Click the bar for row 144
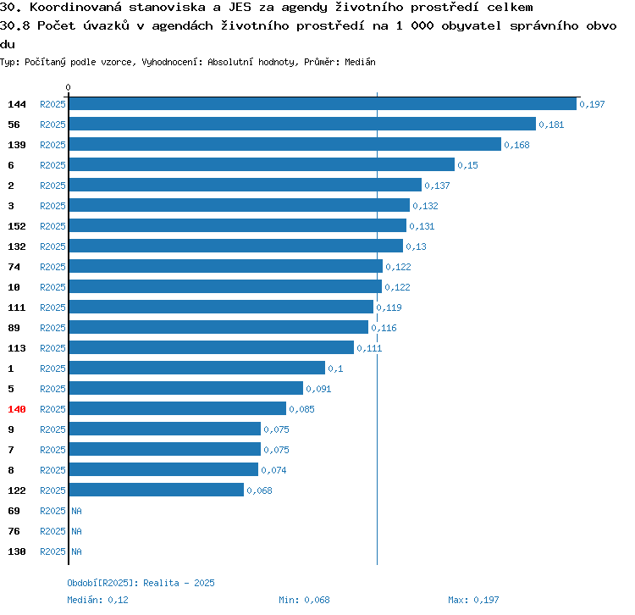click(x=323, y=103)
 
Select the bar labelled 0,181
click(x=302, y=124)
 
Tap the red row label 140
click(x=17, y=409)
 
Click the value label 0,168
click(x=516, y=145)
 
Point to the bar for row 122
click(x=157, y=490)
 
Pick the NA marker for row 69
click(x=76, y=511)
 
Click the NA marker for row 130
click(x=76, y=551)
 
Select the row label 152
click(x=17, y=226)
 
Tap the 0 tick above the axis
click(x=68, y=87)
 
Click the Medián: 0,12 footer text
click(x=97, y=600)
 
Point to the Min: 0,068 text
click(x=304, y=600)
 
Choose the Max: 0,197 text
click(x=473, y=600)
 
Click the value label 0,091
click(x=318, y=389)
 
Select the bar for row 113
click(x=212, y=347)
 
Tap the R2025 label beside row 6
click(x=52, y=165)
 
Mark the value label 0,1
click(x=336, y=368)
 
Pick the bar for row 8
click(x=163, y=469)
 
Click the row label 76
click(x=14, y=531)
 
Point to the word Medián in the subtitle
click(x=360, y=62)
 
